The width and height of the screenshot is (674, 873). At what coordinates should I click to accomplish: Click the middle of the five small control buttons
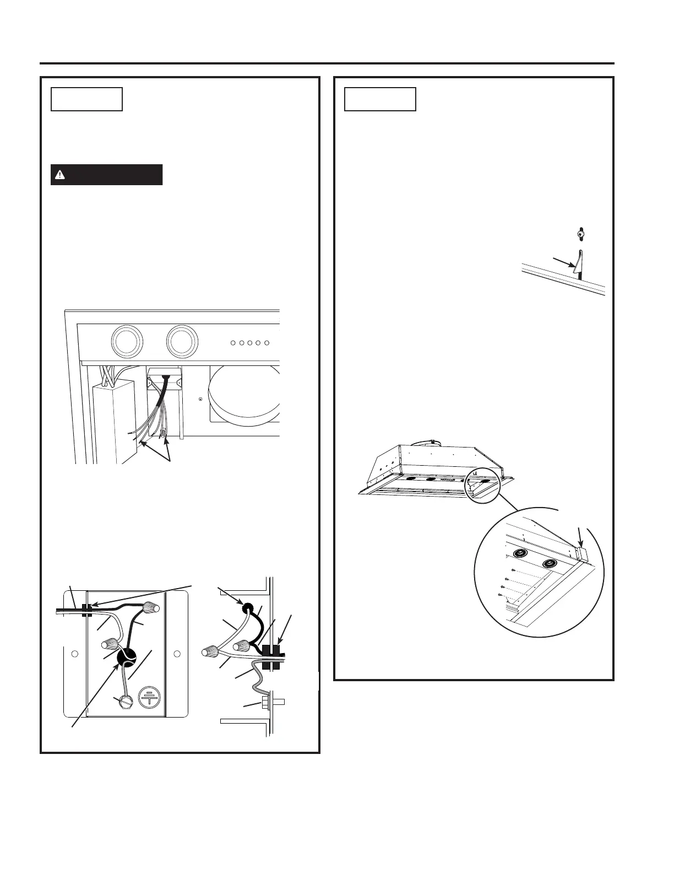pos(250,343)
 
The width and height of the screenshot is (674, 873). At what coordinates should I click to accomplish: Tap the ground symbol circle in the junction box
pos(149,697)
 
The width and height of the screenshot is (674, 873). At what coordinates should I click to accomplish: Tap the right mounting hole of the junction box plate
pos(177,654)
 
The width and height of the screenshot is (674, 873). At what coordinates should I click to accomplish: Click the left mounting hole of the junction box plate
pos(76,654)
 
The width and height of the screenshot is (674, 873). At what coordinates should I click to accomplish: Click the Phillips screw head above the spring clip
pos(579,234)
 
